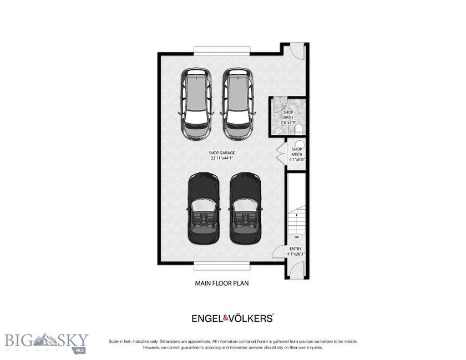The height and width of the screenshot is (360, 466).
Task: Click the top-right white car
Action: pyautogui.click(x=237, y=104)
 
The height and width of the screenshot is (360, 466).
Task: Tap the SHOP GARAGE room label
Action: pyautogui.click(x=221, y=152)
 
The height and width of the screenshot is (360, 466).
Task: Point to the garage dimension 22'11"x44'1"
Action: pyautogui.click(x=221, y=158)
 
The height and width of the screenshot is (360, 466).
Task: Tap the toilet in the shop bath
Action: pyautogui.click(x=298, y=130)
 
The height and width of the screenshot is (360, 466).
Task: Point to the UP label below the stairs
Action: pyautogui.click(x=297, y=237)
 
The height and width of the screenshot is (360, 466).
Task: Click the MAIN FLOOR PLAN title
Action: pyautogui.click(x=221, y=283)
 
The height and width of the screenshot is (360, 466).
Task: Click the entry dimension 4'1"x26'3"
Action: pyautogui.click(x=297, y=255)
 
